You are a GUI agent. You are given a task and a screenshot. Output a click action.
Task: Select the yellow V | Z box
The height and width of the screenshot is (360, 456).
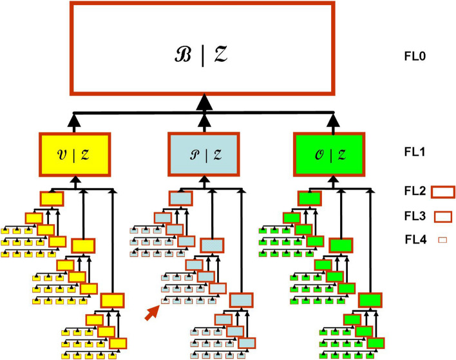(76, 153)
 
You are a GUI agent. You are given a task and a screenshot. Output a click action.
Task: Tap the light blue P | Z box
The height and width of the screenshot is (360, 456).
(204, 153)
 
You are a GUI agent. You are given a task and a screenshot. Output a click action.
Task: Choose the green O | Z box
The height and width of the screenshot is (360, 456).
(332, 153)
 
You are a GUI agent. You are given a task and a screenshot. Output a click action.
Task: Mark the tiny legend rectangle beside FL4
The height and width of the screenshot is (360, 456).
(442, 240)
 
